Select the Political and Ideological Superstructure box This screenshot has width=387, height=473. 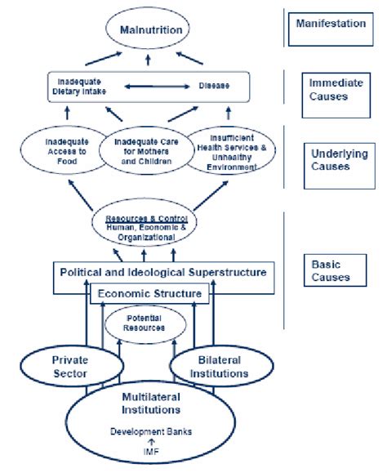(x=162, y=271)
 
